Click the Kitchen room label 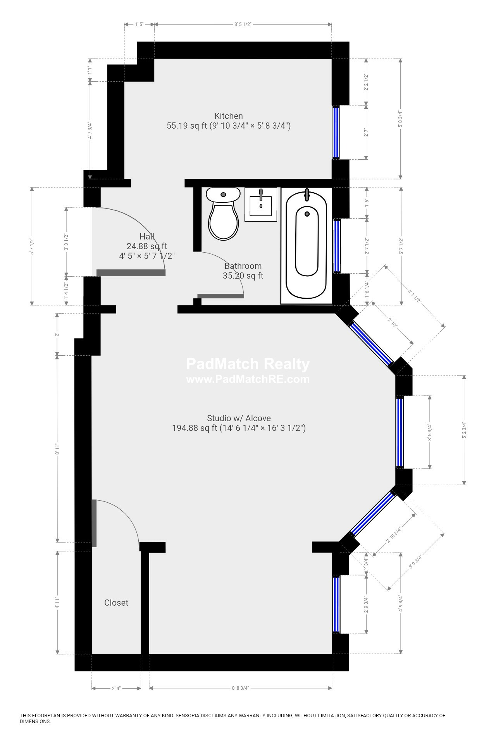[229, 116]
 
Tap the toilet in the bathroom [223, 214]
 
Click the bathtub [307, 245]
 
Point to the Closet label [116, 603]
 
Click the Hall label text [147, 236]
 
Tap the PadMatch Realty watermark [248, 364]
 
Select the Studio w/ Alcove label [239, 418]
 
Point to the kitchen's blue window [336, 132]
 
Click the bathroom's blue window [337, 246]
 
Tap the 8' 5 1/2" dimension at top [243, 24]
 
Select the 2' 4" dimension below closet [116, 688]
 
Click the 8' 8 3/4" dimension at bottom [240, 688]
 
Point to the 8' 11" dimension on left [57, 449]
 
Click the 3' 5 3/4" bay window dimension [429, 432]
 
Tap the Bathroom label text [243, 266]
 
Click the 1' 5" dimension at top [139, 24]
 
